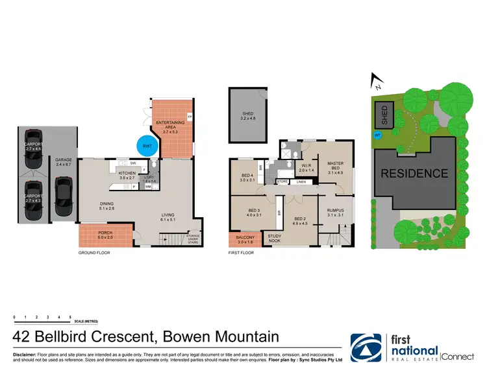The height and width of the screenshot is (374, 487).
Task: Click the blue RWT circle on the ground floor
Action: (147, 146)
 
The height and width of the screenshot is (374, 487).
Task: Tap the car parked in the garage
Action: (64, 196)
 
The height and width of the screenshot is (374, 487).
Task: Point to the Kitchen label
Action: (127, 174)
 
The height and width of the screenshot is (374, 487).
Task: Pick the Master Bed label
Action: (335, 166)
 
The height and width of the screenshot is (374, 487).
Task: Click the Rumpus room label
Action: (335, 212)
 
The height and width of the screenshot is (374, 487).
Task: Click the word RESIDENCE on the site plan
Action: (414, 173)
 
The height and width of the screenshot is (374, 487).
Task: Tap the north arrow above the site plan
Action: (375, 82)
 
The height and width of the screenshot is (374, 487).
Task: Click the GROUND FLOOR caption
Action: (94, 253)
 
